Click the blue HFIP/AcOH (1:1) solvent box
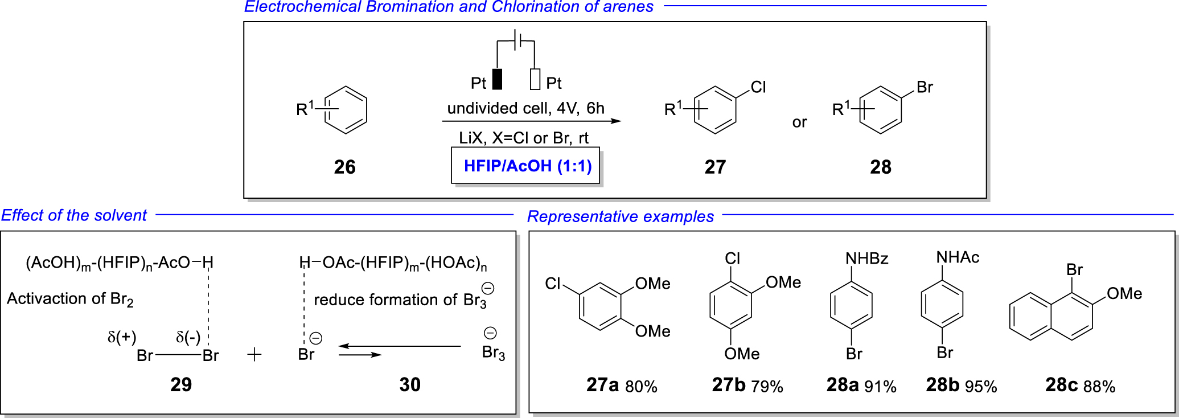[x=527, y=166]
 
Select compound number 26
[x=344, y=167]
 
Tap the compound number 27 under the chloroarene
[x=715, y=167]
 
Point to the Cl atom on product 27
[x=758, y=87]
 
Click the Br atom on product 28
[x=925, y=87]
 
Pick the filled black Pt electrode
[x=497, y=80]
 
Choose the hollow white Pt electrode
[x=535, y=80]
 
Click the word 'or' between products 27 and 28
[x=799, y=122]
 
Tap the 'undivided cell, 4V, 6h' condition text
[x=525, y=108]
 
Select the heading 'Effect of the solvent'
[x=74, y=215]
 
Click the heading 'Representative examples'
[x=620, y=216]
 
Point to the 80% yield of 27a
[x=641, y=387]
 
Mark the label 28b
[x=943, y=385]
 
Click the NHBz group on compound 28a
[x=866, y=259]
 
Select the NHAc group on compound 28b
[x=958, y=257]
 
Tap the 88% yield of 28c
[x=1099, y=387]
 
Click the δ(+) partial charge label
[x=122, y=337]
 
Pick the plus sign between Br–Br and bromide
[x=254, y=355]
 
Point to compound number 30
[x=409, y=385]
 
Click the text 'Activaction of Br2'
[x=70, y=299]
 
